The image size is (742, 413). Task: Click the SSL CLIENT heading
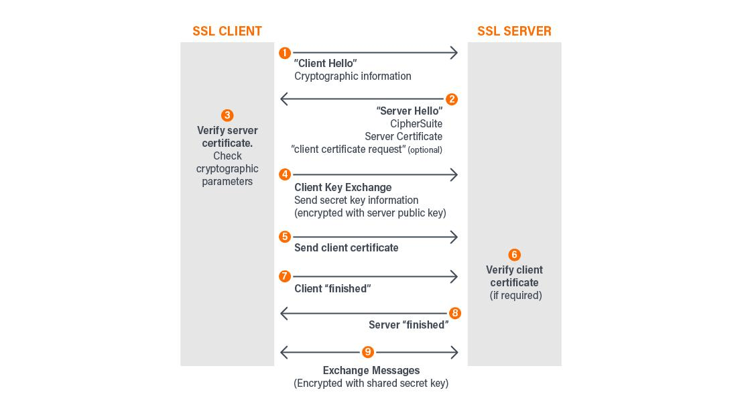(x=227, y=31)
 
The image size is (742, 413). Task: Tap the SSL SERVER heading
(x=514, y=31)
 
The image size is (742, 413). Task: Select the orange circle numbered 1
(x=285, y=53)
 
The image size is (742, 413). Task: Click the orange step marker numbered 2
(x=452, y=99)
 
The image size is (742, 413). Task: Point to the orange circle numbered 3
(x=227, y=115)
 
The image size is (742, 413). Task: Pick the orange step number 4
(x=285, y=174)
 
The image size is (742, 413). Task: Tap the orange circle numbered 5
(x=285, y=237)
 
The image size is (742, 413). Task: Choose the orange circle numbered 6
(x=514, y=255)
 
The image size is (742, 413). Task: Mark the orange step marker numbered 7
(x=285, y=276)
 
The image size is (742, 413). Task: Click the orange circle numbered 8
(x=455, y=313)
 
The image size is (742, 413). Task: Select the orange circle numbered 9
(x=367, y=352)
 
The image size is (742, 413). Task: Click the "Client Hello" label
(x=325, y=64)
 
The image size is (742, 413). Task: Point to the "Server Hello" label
(x=409, y=111)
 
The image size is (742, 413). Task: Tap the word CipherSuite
(x=416, y=123)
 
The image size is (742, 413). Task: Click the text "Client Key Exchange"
(x=343, y=187)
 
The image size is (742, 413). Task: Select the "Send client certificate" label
(x=346, y=248)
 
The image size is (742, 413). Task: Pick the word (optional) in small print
(x=425, y=150)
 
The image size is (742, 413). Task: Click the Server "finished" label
(x=408, y=325)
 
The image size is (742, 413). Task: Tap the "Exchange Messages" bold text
(x=371, y=370)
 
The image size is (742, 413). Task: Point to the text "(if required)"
(x=515, y=296)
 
